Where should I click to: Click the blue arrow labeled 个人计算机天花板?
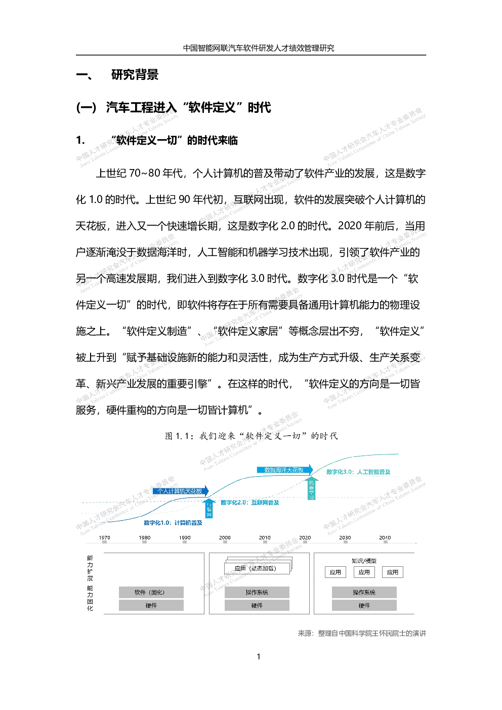pos(181,491)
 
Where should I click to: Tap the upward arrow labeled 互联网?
pos(209,509)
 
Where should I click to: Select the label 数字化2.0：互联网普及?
pos(249,503)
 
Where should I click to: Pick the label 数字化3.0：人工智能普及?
pos(358,472)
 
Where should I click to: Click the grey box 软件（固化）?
pos(151,592)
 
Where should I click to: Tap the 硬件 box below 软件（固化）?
pos(151,605)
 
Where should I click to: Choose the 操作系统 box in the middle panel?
pos(257,592)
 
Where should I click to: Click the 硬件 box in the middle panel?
pos(257,605)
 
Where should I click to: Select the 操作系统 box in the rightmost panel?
pos(364,592)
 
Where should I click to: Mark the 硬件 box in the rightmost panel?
pos(364,605)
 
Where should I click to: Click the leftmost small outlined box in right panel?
pos(335,572)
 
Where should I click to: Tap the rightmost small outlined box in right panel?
pos(393,572)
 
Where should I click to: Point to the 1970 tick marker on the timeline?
pos(105,542)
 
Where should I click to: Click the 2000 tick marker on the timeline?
pos(225,542)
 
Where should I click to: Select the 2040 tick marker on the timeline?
pos(386,542)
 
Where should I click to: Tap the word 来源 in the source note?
pos(305,633)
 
